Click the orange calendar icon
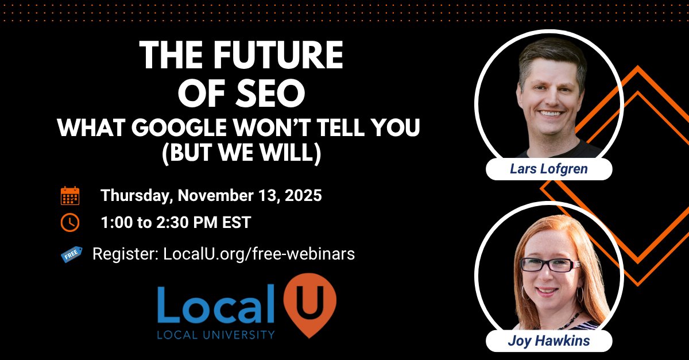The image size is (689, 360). tap(70, 196)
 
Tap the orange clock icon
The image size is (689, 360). tap(70, 223)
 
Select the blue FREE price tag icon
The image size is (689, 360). tap(71, 254)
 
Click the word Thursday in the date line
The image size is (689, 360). tap(135, 195)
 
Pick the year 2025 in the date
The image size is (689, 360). tap(301, 195)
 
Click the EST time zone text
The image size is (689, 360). tap(237, 223)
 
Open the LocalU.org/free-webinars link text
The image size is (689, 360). tap(259, 254)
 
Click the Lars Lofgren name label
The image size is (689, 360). tap(548, 169)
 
